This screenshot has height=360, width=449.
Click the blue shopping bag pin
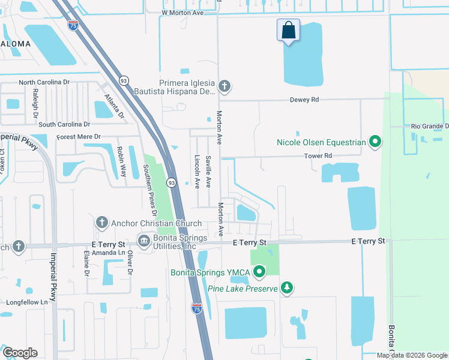coord(289,31)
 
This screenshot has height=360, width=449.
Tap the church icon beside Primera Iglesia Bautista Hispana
coord(224,86)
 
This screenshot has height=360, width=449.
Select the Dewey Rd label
coord(306,100)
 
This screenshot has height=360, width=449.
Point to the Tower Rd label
coord(319,156)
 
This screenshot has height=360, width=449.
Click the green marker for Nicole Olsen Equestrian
coord(376,142)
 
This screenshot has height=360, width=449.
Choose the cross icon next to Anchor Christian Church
coord(101,223)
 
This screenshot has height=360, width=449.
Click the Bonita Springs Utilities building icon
coord(144,241)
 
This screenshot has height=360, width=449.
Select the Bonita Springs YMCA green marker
coord(259,272)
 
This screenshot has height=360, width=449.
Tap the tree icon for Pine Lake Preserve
coord(288,289)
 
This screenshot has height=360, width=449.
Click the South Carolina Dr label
coord(64,125)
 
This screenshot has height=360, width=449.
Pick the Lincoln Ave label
coord(197,172)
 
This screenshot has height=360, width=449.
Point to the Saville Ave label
coord(209,170)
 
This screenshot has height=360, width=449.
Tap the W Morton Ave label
coord(182,12)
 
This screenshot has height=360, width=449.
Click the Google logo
coord(19,353)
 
